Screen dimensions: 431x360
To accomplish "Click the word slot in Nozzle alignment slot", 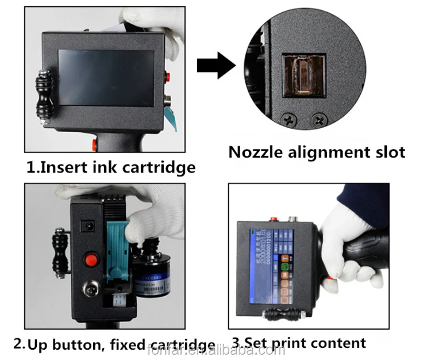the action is (x=387, y=152).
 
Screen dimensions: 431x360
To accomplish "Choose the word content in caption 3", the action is (x=339, y=343).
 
